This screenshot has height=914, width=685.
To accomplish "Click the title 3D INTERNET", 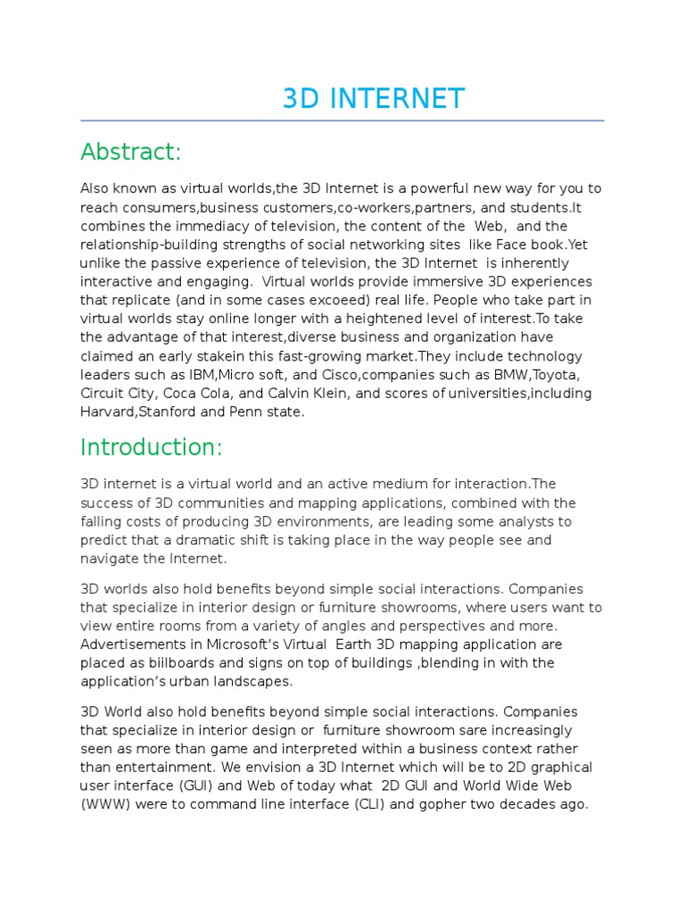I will click(373, 98).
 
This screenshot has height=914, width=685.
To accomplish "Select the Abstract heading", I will click(130, 153).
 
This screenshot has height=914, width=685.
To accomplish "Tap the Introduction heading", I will click(151, 446).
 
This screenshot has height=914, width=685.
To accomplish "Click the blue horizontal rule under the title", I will click(342, 120).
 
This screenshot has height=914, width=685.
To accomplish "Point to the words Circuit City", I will click(114, 394).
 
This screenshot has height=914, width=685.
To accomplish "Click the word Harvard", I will click(110, 412).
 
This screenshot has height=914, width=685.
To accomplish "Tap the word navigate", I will click(110, 559).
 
